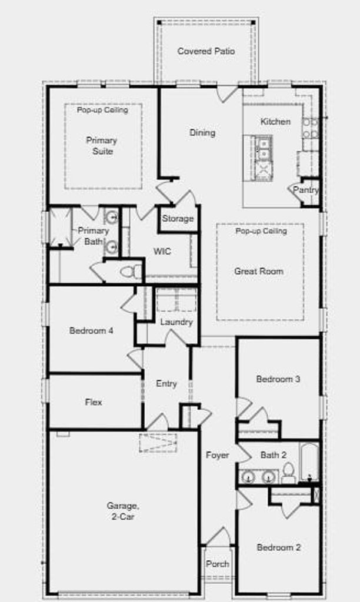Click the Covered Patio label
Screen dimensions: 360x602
click(206, 51)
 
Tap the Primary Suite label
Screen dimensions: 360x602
click(102, 146)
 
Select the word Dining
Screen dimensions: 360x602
click(202, 133)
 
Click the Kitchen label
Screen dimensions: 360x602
click(275, 122)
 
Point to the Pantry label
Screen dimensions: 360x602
click(306, 190)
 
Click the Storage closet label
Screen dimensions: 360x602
click(178, 219)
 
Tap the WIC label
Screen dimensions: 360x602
click(162, 252)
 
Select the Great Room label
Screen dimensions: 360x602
click(259, 271)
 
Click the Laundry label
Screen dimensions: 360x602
click(176, 322)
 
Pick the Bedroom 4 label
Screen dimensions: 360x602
click(91, 330)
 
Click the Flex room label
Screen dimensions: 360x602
click(94, 402)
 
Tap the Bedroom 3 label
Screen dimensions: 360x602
click(278, 379)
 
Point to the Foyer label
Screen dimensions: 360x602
click(218, 456)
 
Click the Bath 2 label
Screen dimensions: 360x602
click(274, 455)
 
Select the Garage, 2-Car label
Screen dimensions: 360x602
click(123, 511)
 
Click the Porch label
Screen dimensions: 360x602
click(218, 564)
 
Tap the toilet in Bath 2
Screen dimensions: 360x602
click(288, 473)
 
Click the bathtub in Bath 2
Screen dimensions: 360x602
click(309, 462)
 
